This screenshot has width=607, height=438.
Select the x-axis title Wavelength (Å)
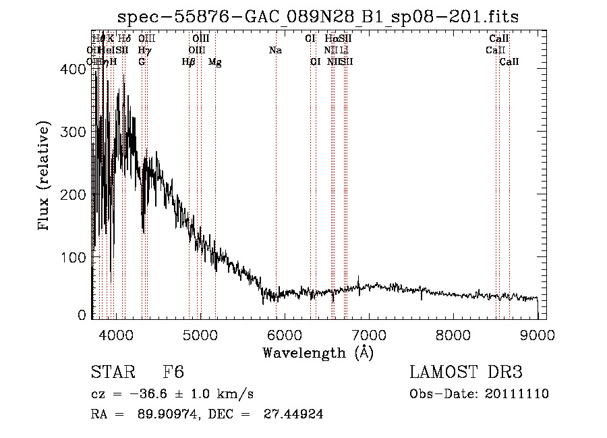[318, 352]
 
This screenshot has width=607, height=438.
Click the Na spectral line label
[275, 50]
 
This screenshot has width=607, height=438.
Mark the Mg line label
[215, 62]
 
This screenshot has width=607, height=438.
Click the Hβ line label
[189, 62]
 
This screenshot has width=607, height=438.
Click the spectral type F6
[173, 373]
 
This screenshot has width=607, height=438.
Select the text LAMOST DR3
[466, 373]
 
